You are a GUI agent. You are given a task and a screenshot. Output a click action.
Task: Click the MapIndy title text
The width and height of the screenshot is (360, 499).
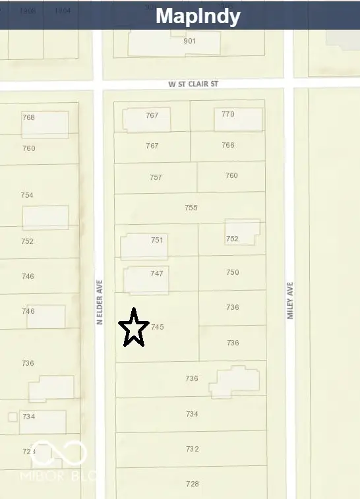(x=197, y=16)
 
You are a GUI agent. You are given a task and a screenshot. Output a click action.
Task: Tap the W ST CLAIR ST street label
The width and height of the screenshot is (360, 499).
(x=193, y=84)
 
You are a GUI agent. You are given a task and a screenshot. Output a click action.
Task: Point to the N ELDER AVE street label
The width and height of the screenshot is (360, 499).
(x=100, y=303)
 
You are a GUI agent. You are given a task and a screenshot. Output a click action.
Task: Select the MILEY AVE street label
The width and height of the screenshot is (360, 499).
(x=289, y=301)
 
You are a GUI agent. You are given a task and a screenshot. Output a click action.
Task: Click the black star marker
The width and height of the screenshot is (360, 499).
(x=134, y=328)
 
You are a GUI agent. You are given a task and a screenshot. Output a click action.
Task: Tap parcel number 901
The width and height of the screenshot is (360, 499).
(x=190, y=41)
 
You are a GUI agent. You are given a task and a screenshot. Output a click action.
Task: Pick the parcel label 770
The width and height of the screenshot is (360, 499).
(x=227, y=114)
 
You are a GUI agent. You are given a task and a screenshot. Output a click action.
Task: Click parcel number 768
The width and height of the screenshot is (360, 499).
(x=28, y=117)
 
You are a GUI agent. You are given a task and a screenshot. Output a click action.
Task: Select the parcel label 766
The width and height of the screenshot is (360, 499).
(x=228, y=145)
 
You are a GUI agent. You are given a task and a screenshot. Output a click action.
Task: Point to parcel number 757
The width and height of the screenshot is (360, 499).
(x=156, y=177)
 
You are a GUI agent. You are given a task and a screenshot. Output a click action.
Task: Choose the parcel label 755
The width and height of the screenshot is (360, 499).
(x=191, y=208)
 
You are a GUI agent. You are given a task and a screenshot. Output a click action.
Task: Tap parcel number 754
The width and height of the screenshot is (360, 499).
(x=27, y=195)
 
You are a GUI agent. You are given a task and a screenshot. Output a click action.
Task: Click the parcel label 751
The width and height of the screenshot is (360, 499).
(x=157, y=240)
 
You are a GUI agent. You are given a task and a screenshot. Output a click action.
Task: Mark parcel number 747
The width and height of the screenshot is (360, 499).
(x=156, y=273)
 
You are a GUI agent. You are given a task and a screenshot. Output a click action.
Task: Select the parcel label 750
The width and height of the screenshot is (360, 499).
(x=232, y=272)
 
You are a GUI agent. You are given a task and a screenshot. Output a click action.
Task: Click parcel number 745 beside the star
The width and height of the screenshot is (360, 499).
(x=158, y=327)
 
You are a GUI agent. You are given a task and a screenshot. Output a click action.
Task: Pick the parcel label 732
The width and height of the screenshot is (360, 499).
(x=192, y=449)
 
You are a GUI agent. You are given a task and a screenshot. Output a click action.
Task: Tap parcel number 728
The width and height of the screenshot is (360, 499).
(x=192, y=484)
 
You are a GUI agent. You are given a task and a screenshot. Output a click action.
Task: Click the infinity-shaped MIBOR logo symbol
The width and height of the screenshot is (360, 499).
(x=59, y=453)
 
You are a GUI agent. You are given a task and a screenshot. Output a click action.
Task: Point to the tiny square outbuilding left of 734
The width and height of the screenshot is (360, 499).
(x=13, y=417)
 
